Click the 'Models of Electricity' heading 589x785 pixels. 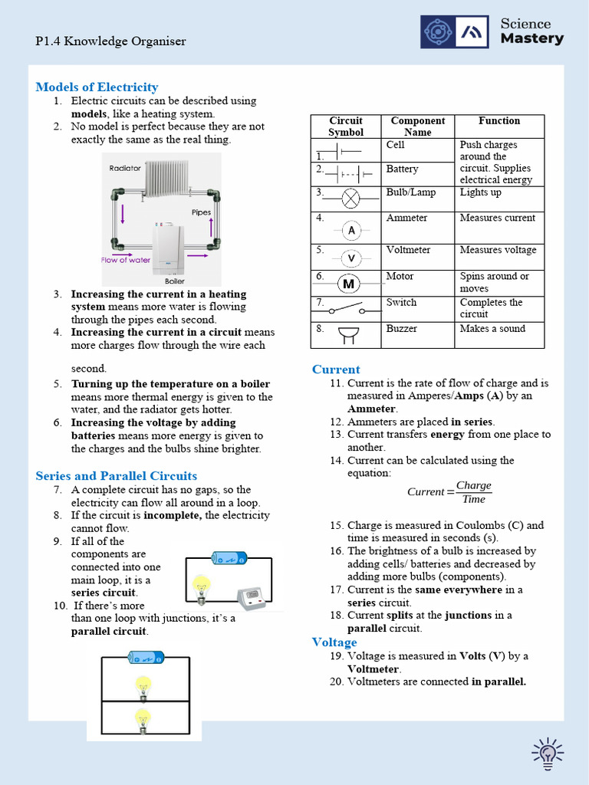click(97, 87)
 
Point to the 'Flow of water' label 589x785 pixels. click(126, 260)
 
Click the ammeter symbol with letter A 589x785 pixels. click(351, 230)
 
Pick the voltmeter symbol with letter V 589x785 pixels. click(351, 258)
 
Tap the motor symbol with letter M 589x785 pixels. click(350, 284)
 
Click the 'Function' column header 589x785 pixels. click(499, 121)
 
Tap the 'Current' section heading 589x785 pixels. click(336, 370)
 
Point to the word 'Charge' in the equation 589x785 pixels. click(473, 486)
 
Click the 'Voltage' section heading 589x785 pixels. click(334, 642)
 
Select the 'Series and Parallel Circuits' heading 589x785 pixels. click(116, 475)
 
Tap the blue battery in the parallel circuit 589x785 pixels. click(146, 657)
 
